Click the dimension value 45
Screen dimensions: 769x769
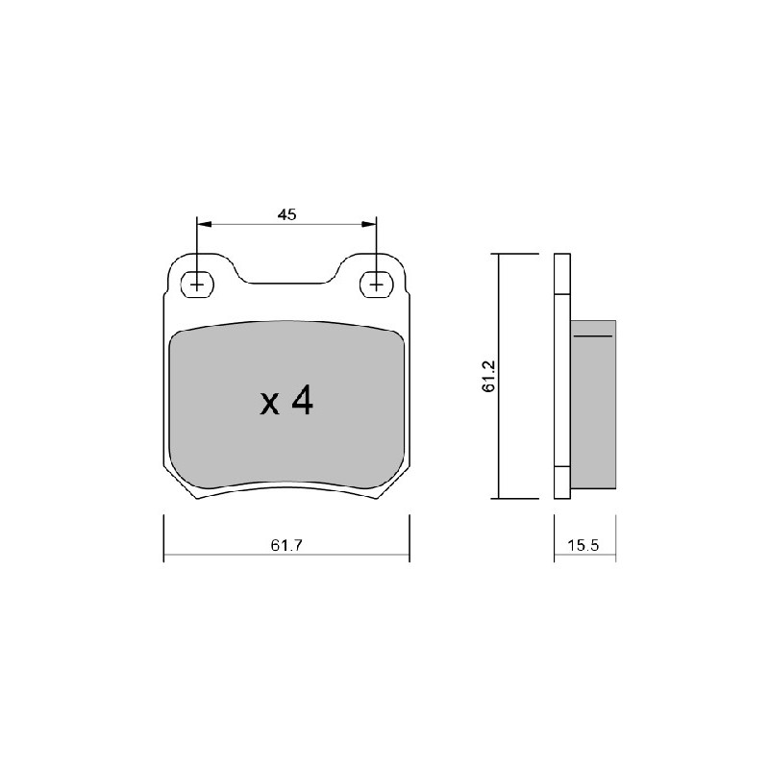coord(286,214)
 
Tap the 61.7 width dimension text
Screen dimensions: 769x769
coord(286,545)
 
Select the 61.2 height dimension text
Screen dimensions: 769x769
coord(489,376)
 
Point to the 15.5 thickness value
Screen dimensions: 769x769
coord(583,545)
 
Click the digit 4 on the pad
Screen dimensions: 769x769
coord(302,400)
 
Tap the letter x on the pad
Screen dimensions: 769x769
coord(269,405)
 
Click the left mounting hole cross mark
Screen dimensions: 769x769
coord(197,285)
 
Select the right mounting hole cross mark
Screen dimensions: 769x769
coord(376,285)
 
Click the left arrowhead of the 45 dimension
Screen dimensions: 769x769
coord(204,225)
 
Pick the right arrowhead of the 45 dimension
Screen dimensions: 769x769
coord(369,225)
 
